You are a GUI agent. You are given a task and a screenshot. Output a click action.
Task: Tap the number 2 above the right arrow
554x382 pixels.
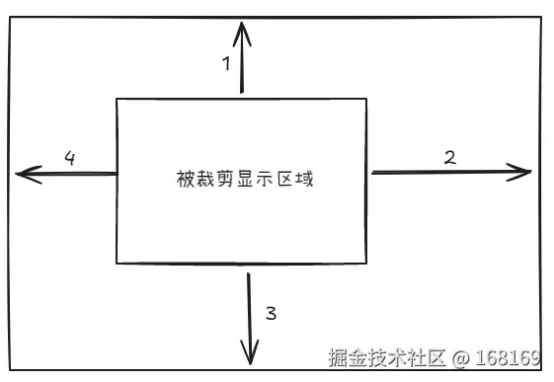[x=449, y=158]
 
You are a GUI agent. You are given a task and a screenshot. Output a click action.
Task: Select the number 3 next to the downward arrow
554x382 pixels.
[x=271, y=314]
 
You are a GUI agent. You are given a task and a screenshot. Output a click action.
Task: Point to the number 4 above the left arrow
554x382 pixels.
[x=70, y=158]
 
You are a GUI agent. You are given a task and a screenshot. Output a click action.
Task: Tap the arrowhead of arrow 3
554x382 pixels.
[x=249, y=356]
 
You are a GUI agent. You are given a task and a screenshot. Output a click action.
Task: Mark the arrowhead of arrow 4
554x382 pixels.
[x=23, y=176]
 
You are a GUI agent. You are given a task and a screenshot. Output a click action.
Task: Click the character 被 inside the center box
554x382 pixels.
[x=178, y=181]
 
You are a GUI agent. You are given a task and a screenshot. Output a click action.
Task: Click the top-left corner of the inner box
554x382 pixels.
[x=118, y=100]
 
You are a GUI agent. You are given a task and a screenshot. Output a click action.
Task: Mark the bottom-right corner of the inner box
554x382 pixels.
[x=366, y=264]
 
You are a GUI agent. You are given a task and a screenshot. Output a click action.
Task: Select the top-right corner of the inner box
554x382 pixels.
[x=366, y=99]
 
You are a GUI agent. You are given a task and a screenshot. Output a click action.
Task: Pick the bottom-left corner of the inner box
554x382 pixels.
[x=118, y=264]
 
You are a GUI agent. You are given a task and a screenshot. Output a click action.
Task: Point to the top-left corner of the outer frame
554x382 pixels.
[x=10, y=19]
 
